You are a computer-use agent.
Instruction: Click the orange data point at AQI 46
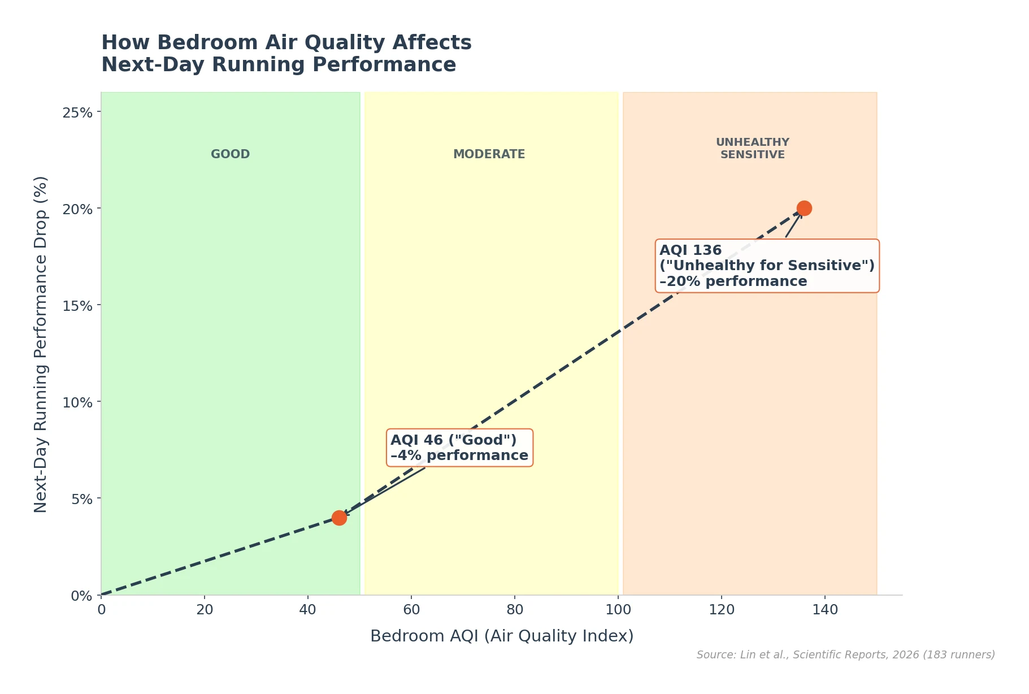pyautogui.click(x=339, y=518)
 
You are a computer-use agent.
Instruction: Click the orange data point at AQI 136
pyautogui.click(x=804, y=209)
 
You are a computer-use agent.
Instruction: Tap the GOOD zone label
pyautogui.click(x=230, y=154)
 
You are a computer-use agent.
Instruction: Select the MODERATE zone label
pyautogui.click(x=489, y=154)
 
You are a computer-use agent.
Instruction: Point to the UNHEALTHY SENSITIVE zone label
pyautogui.click(x=752, y=149)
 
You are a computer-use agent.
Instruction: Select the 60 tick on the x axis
pyautogui.click(x=411, y=610)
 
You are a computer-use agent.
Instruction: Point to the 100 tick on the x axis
pyautogui.click(x=618, y=610)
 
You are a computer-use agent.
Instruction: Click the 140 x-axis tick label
pyautogui.click(x=825, y=610)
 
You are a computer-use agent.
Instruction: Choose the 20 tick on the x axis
pyautogui.click(x=205, y=610)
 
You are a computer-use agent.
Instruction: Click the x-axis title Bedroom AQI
pyautogui.click(x=502, y=636)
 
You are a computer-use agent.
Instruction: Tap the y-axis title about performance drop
pyautogui.click(x=41, y=344)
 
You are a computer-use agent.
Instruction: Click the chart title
pyautogui.click(x=286, y=54)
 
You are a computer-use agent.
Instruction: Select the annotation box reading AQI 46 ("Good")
pyautogui.click(x=459, y=448)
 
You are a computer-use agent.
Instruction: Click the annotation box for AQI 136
pyautogui.click(x=767, y=266)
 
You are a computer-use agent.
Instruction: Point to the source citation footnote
pyautogui.click(x=845, y=655)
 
